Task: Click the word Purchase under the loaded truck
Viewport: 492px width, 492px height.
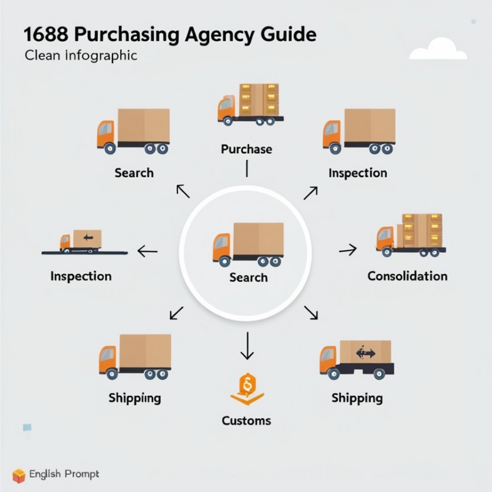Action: click(246, 149)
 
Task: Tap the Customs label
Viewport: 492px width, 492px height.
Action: click(246, 421)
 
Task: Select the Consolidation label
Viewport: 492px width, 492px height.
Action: click(407, 276)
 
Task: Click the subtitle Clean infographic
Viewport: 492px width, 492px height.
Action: click(81, 56)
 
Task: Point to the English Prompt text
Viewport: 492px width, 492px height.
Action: click(64, 474)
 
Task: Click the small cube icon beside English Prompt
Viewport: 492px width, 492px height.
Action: click(19, 475)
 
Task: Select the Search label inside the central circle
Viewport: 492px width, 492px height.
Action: click(248, 278)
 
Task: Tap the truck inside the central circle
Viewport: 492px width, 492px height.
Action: click(247, 243)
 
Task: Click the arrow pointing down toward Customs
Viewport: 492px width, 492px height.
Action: click(246, 346)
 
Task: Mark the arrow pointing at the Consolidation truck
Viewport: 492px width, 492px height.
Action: click(348, 250)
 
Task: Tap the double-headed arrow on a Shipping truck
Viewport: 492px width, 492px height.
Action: click(365, 354)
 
